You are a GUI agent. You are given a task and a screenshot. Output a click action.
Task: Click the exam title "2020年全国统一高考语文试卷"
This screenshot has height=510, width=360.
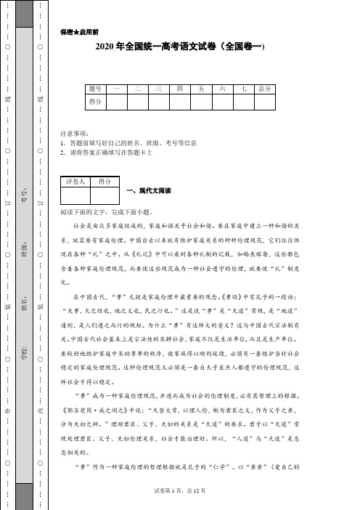tap(181, 46)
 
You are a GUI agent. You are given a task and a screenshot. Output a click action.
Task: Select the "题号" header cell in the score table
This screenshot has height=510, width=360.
tap(94, 88)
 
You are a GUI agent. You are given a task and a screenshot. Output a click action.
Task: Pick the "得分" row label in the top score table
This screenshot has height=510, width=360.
tap(94, 102)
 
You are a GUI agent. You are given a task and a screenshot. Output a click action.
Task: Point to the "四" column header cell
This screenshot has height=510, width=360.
tap(179, 88)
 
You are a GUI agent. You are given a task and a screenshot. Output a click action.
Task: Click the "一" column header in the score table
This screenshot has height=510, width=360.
tap(115, 88)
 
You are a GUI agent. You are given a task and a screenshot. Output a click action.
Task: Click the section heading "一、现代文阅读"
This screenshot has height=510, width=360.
tap(148, 191)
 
